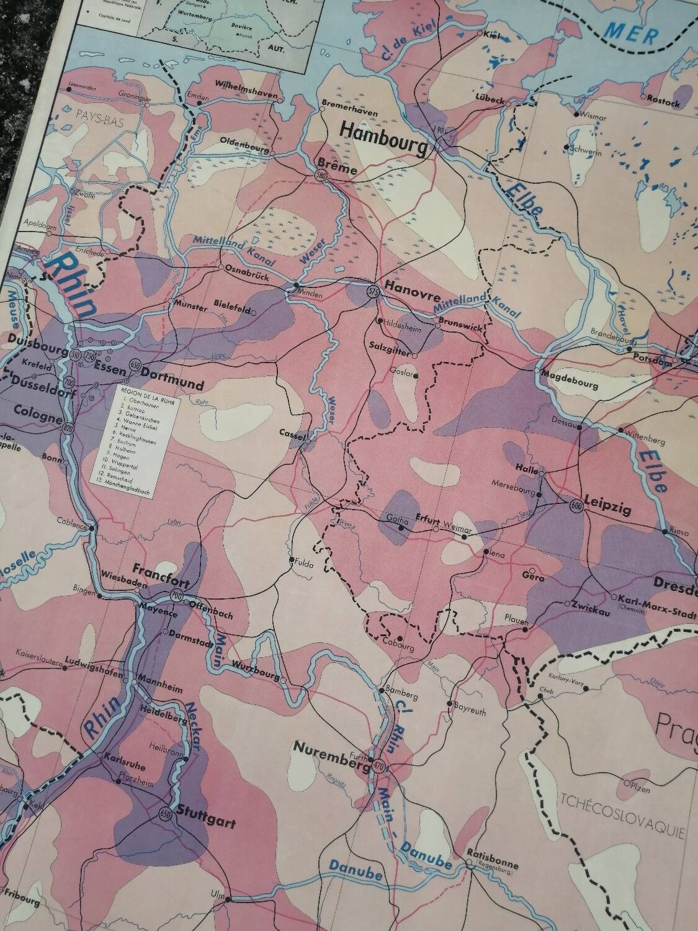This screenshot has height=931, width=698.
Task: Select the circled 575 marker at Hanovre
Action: (x=372, y=291)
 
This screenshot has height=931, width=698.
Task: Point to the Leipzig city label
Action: (x=607, y=510)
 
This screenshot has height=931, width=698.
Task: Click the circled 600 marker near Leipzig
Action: (x=575, y=505)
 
